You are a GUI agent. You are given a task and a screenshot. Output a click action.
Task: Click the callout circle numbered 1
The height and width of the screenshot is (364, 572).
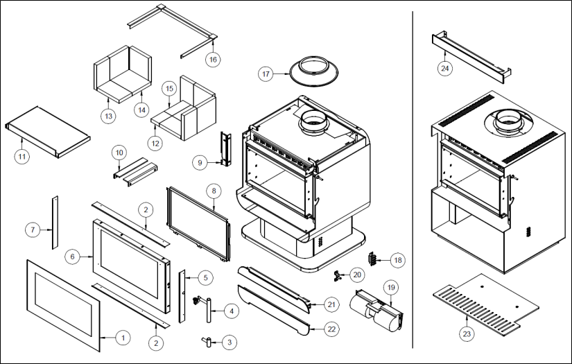123,338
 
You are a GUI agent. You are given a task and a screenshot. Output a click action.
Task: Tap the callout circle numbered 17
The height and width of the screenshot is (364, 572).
266,73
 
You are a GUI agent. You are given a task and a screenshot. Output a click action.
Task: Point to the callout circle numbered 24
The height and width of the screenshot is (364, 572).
444,68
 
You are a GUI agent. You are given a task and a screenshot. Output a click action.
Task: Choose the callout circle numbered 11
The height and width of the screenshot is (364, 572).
22,156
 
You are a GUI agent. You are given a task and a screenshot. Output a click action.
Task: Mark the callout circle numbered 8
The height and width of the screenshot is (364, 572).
214,189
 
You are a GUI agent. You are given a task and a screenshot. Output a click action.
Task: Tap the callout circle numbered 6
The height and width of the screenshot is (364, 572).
73,257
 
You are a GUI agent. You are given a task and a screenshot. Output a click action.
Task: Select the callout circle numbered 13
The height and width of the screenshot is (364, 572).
107,116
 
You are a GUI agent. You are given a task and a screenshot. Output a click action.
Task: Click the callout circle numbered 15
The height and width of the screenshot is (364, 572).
168,89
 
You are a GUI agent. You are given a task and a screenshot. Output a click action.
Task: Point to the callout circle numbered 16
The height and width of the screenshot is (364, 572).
213,60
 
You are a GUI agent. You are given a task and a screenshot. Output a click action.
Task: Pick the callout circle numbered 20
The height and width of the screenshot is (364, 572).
357,275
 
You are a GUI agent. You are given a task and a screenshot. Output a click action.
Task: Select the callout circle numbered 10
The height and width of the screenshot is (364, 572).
119,152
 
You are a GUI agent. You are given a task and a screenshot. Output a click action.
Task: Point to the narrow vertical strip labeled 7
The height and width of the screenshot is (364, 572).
53,223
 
